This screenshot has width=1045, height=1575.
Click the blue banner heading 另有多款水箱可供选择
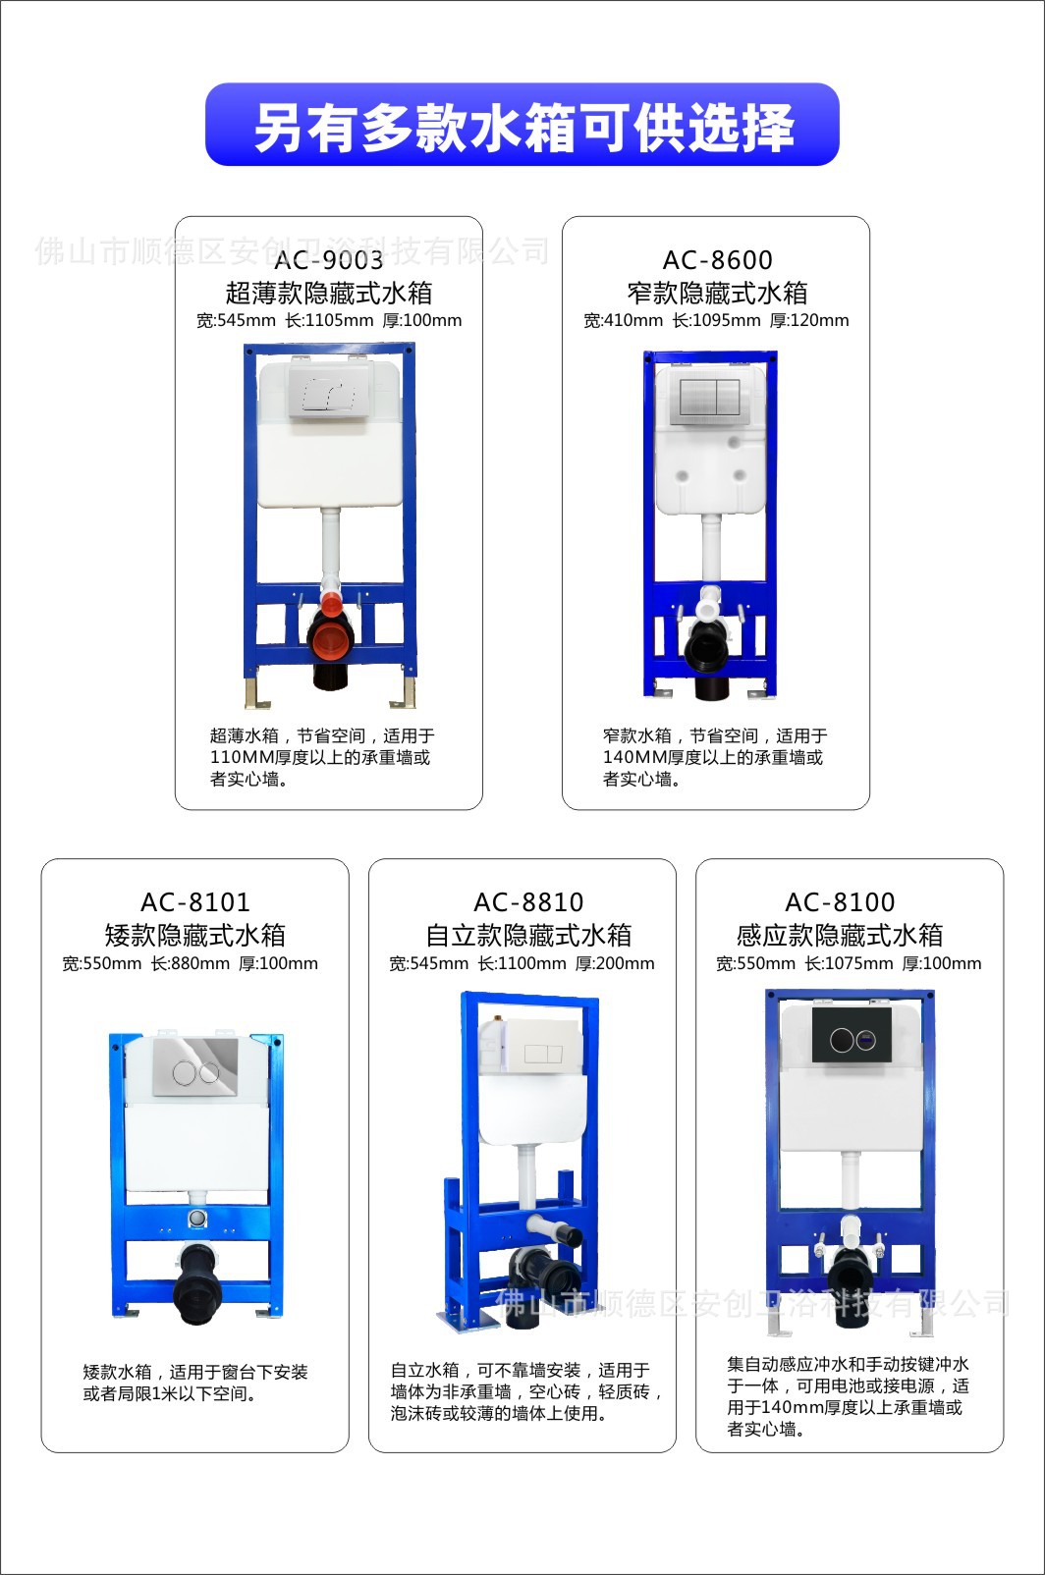[x=522, y=126]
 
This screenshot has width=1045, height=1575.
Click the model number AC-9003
[x=329, y=260]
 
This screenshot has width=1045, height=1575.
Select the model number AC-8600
[x=717, y=260]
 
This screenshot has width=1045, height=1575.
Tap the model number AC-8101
[x=195, y=902]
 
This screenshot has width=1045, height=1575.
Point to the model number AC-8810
[x=528, y=902]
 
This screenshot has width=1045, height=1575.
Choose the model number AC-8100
[x=840, y=902]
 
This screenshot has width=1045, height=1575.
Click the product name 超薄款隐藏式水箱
[x=329, y=293]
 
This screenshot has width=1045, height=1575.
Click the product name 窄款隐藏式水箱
[x=717, y=293]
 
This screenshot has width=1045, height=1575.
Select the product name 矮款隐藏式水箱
[x=195, y=935]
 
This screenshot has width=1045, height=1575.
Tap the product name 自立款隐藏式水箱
[x=528, y=935]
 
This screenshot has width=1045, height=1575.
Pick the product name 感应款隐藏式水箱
[x=840, y=935]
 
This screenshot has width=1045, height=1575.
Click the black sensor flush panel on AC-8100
[x=852, y=1038]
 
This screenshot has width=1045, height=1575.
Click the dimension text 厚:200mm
[x=615, y=964]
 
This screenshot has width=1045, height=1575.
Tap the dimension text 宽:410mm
[x=623, y=321]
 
